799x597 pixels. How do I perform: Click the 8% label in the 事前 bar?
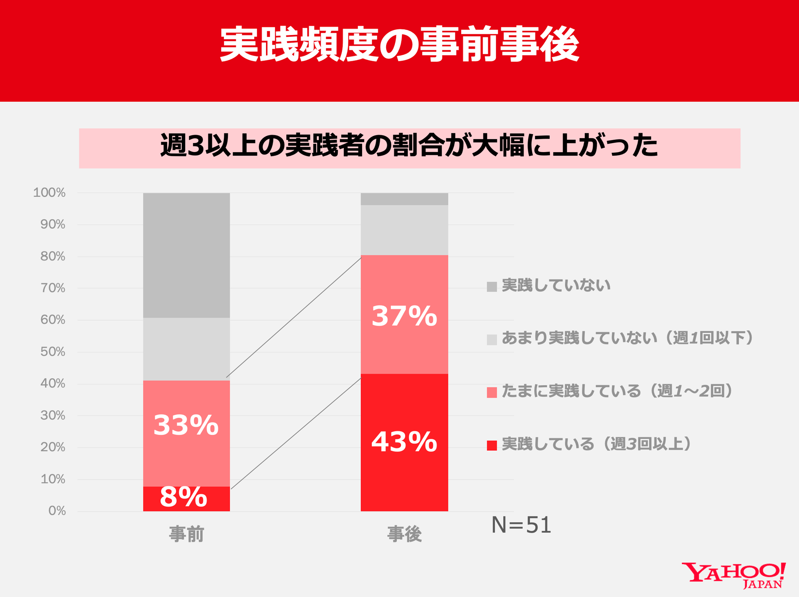183,497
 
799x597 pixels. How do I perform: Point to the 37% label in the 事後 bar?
404,316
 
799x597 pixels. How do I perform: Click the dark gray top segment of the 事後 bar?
404,199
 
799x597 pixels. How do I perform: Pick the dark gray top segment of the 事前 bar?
186,255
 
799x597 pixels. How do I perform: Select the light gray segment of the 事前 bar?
186,349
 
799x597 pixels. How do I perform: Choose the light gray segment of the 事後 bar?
404,230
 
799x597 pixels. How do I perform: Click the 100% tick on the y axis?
50,193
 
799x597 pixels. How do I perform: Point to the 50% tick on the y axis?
53,352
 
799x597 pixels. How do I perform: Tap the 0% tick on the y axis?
57,511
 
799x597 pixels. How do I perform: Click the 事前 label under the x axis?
186,534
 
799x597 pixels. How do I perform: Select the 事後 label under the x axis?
404,534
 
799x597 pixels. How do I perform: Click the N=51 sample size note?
521,525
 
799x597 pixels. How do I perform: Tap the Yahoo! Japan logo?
733,575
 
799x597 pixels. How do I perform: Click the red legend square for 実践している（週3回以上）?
492,445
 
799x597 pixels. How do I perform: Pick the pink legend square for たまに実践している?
492,392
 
